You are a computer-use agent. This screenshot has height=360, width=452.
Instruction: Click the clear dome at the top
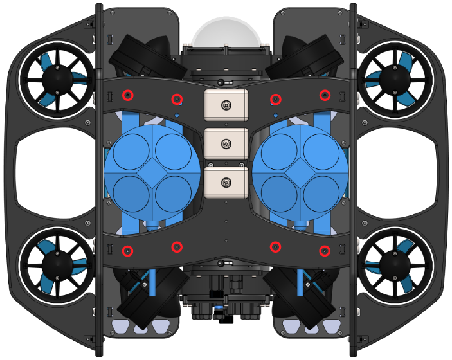coord(230,32)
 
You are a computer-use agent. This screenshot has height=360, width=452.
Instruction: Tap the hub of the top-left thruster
coord(56,80)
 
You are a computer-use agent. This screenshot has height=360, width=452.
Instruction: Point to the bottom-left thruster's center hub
coord(56,264)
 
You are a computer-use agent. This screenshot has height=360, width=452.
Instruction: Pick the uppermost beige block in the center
coord(226,105)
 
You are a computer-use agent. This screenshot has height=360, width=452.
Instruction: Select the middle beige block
coord(226,144)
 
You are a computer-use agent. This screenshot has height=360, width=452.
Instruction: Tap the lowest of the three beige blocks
coord(226,183)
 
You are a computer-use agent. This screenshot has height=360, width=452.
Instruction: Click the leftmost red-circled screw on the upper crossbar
coord(128,96)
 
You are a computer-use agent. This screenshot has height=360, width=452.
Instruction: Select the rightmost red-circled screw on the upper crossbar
coord(325,96)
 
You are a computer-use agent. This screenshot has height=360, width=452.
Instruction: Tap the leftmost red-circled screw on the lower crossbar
coord(128,250)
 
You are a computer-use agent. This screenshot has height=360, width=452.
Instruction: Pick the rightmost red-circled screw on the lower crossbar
coord(325,250)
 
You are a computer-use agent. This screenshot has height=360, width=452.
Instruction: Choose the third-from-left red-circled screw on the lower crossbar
coord(275,246)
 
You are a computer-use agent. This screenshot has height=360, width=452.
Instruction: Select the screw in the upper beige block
coord(226,105)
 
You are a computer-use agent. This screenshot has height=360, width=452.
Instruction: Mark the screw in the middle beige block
coord(226,144)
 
